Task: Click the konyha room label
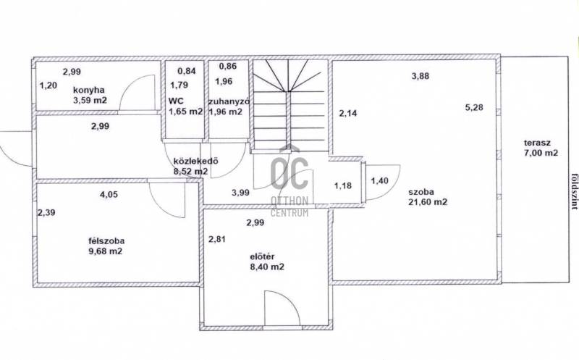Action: pos(88,90)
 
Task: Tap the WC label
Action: pos(176,101)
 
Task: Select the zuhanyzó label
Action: pos(229,101)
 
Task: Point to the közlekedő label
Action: pos(195,161)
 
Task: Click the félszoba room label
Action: pos(106,241)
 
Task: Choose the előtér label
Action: pos(262,256)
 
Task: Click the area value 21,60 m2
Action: pos(428,202)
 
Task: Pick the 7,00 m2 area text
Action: pos(541,153)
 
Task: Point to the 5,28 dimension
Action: pos(474,107)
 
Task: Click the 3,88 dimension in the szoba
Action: pos(420,76)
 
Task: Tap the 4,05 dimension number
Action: pos(109,194)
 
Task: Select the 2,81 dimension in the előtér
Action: pos(216,239)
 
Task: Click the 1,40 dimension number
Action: pos(379,181)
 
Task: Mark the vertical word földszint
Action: pos(574,192)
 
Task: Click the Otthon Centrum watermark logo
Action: pos(289,181)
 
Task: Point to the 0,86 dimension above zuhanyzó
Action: pos(228,67)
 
